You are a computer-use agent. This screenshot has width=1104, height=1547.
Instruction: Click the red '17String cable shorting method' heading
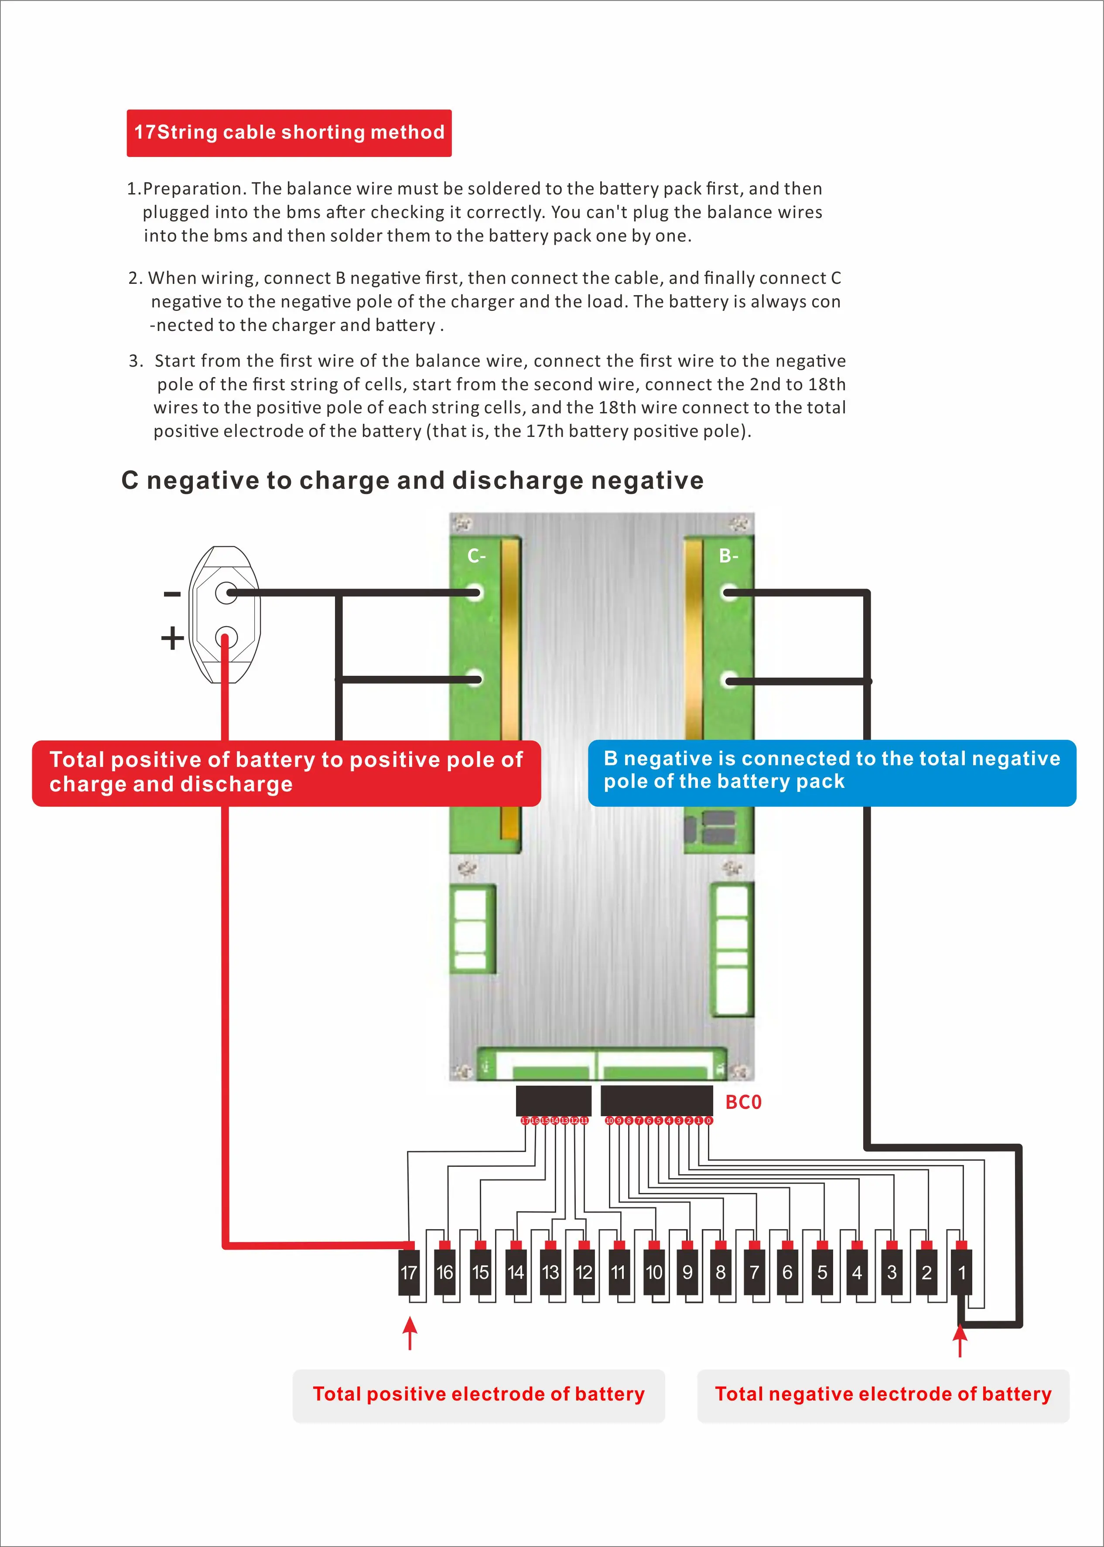(289, 133)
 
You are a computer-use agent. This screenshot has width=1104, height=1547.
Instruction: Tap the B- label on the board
(729, 556)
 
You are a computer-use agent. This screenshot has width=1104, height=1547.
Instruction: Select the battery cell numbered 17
(409, 1272)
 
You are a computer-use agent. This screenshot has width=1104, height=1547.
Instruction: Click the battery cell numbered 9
(687, 1272)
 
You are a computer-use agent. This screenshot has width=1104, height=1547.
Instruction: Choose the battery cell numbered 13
(550, 1272)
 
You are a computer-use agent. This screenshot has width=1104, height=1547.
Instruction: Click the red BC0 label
(743, 1102)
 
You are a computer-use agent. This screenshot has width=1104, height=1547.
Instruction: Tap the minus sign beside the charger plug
(172, 594)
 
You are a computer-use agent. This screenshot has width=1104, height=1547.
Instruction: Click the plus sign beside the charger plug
(172, 638)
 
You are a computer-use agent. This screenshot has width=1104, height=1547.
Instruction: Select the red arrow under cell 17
(409, 1333)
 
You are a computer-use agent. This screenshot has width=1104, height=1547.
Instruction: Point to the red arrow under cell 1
(960, 1340)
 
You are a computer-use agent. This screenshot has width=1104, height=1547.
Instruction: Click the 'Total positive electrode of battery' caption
(479, 1394)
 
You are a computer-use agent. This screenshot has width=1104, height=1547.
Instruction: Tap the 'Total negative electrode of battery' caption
(883, 1394)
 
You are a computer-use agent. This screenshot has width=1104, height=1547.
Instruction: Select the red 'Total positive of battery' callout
(286, 773)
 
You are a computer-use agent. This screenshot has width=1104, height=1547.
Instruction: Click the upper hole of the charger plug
(226, 593)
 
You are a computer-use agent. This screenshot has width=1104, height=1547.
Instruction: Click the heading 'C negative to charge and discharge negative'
(412, 480)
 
